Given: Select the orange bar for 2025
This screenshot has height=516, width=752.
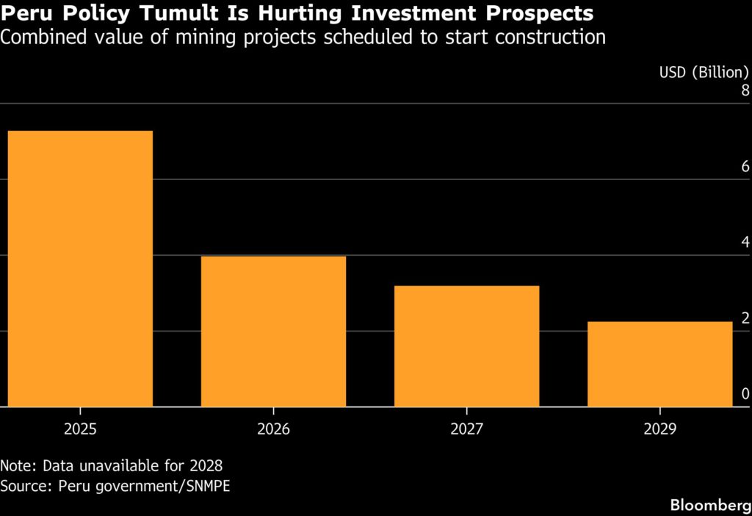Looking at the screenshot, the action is [x=81, y=269].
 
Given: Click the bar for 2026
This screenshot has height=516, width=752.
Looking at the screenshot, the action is [x=273, y=332].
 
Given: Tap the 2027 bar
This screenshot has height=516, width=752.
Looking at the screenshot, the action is [x=466, y=346].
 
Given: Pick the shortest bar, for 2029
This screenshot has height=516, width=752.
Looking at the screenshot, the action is [x=660, y=365].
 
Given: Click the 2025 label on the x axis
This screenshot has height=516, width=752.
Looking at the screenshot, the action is [x=81, y=429].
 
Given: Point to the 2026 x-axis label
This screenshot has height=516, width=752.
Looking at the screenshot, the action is [x=273, y=429].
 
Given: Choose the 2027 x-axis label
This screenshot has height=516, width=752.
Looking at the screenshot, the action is [x=466, y=429].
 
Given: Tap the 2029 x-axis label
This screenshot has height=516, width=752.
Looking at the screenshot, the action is [x=660, y=429].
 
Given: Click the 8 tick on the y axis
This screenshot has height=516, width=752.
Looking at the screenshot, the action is [x=745, y=90].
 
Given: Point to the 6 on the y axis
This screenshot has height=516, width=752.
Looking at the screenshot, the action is [x=745, y=167].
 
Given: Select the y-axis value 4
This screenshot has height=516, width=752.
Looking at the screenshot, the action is [x=745, y=243].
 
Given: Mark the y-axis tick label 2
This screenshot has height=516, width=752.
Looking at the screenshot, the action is [x=745, y=318].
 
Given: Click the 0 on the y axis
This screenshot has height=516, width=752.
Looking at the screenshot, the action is [x=745, y=394].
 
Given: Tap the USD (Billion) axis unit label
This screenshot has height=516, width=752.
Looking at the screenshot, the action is [x=704, y=73].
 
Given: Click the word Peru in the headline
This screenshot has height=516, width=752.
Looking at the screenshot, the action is [x=26, y=13].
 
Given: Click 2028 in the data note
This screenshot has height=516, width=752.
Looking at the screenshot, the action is [x=206, y=465].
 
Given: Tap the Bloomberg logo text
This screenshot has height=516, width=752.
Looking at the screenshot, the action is [x=711, y=505].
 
